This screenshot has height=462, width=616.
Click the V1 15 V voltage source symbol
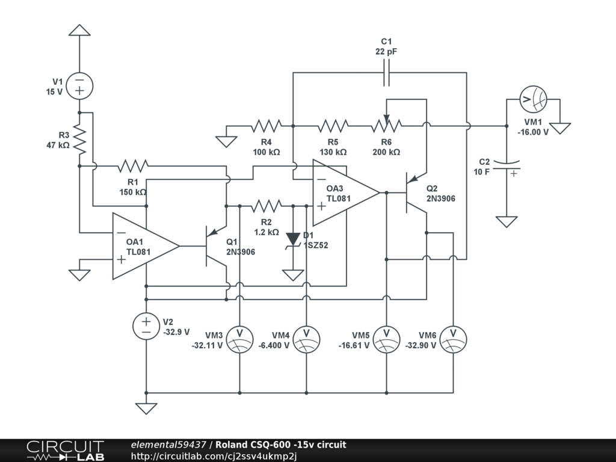79,86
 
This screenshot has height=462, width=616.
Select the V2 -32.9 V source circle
146,326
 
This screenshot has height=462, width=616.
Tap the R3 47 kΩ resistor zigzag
79,140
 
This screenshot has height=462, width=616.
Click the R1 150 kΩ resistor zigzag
133,166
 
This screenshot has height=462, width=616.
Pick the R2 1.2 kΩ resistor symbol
266,206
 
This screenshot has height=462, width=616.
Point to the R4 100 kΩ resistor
266,126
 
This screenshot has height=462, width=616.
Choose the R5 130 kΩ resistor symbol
333,126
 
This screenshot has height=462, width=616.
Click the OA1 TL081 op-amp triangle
146,246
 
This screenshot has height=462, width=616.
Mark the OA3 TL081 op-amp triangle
346,193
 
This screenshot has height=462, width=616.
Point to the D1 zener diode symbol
293,240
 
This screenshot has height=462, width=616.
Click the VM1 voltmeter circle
533,99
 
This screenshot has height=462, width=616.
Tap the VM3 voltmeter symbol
239,339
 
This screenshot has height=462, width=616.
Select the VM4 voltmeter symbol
306,339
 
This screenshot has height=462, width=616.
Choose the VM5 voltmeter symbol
387,339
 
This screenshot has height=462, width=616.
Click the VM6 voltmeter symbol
454,339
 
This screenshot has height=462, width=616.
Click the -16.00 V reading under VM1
533,132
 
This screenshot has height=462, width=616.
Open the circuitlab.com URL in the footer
214,456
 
